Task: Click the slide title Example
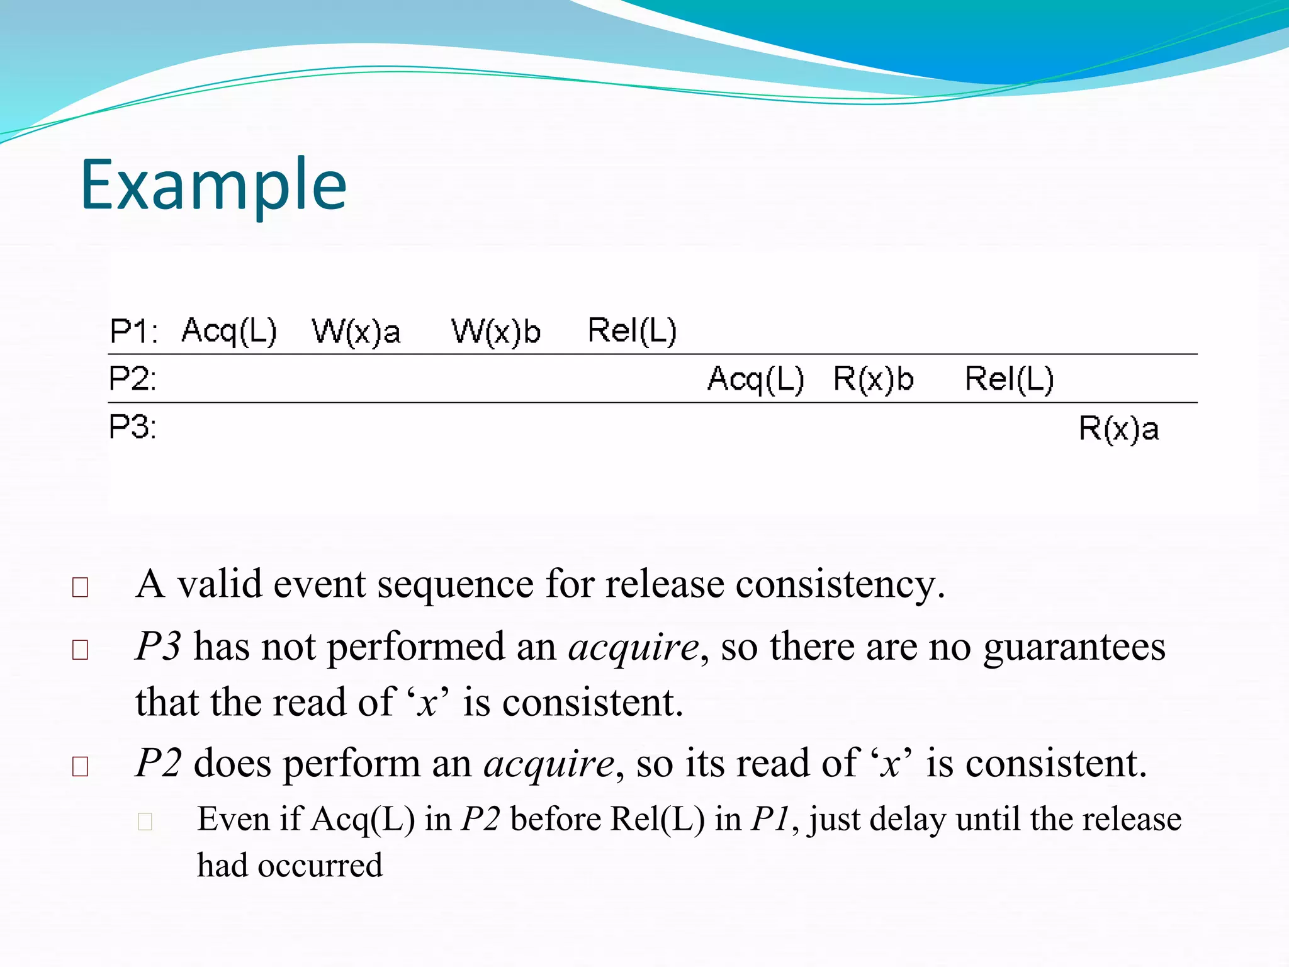point(213,184)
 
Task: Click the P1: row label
point(133,331)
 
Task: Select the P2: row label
point(132,379)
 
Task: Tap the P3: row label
point(132,427)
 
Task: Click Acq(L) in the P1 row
point(229,331)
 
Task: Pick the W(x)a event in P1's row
point(356,332)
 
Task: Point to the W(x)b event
point(496,332)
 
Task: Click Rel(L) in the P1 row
point(632,331)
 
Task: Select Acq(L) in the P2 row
point(756,380)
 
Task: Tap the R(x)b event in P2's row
point(874,380)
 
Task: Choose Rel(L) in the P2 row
point(1010,380)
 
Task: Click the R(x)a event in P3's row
point(1119,429)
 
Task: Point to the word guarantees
point(1074,647)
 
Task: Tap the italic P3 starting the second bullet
point(159,647)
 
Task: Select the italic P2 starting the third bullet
point(159,764)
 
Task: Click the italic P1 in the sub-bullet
point(770,820)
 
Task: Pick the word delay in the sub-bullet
point(907,820)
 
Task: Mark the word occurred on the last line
point(320,866)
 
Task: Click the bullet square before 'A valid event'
point(80,587)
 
